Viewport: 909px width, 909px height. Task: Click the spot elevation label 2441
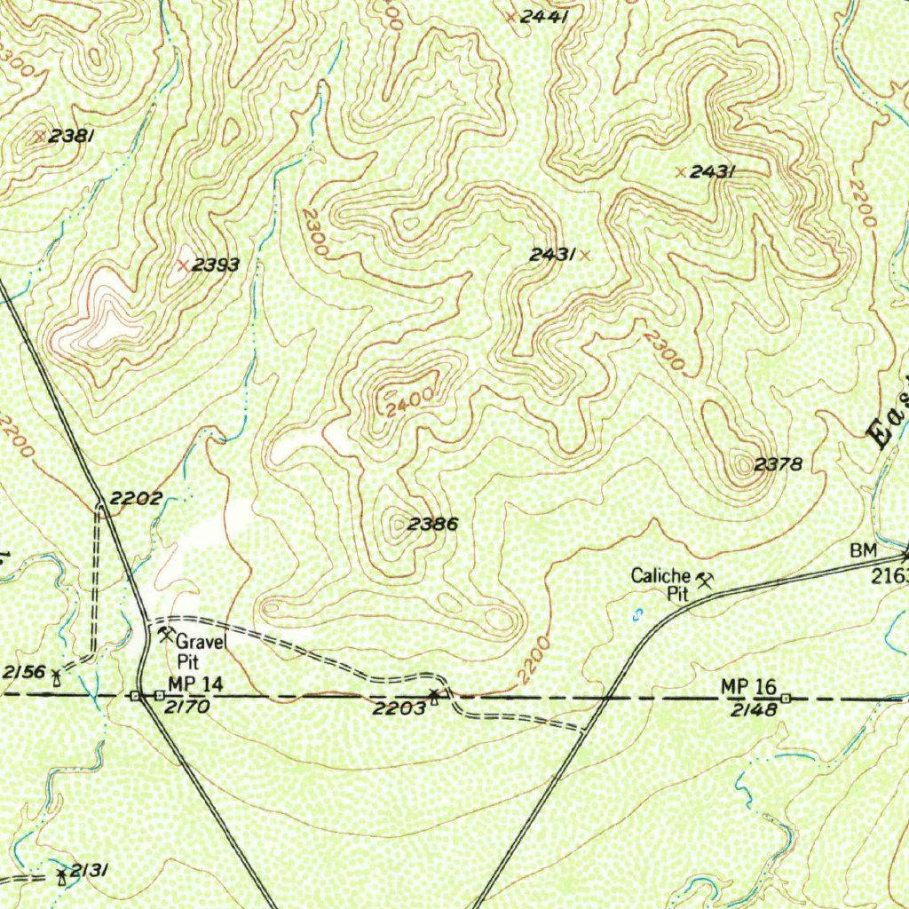(x=542, y=16)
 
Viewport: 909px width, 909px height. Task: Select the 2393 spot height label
(x=216, y=265)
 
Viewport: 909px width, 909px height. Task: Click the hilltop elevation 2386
(x=432, y=525)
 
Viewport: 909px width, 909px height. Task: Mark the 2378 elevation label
(x=779, y=463)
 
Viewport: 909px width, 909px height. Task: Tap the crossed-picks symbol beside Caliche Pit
(x=707, y=581)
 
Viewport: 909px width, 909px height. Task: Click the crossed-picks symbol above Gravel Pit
(x=166, y=634)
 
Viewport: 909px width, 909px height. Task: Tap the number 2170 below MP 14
(x=186, y=708)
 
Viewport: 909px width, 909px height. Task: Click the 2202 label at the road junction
(x=137, y=498)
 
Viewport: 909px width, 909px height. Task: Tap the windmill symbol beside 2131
(x=60, y=877)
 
